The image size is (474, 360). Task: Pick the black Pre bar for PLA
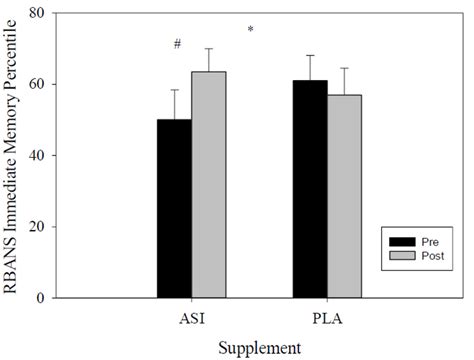(x=310, y=189)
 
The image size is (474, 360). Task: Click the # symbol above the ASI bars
(x=176, y=44)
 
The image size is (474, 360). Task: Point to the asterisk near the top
(x=250, y=30)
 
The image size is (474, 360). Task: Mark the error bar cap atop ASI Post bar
(x=209, y=49)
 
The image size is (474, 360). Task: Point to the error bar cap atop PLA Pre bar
(x=310, y=56)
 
